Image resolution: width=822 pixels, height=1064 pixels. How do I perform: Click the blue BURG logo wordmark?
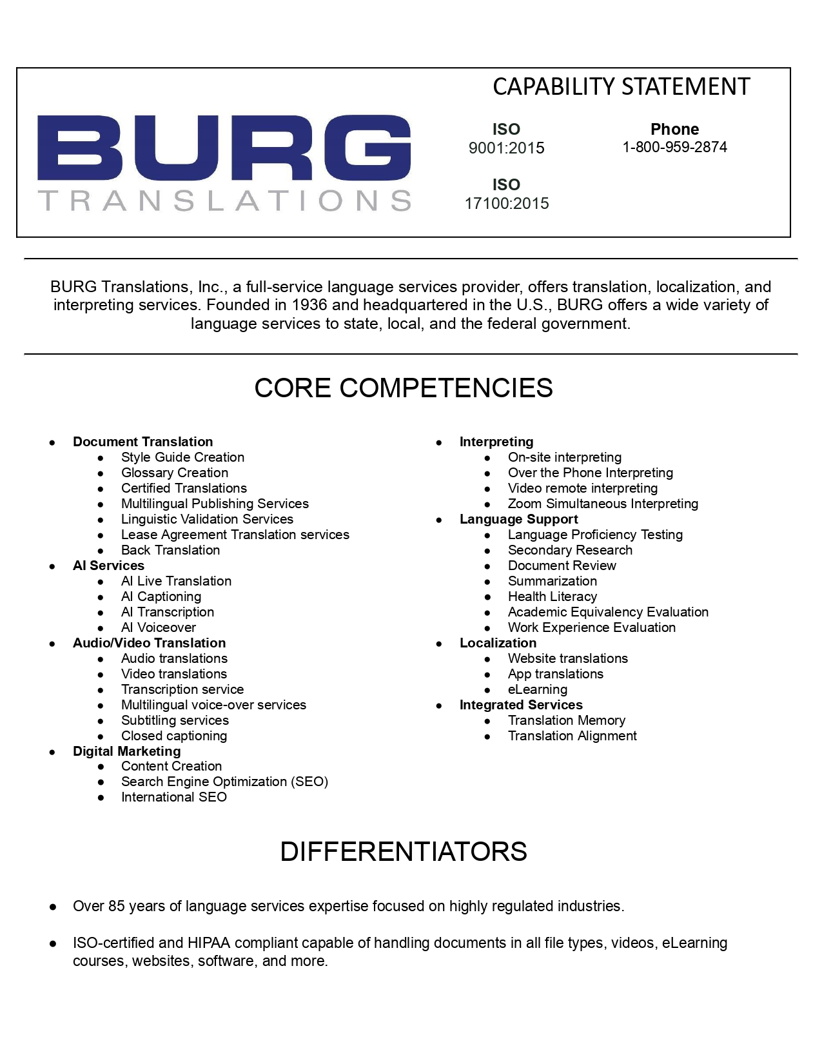coord(224,148)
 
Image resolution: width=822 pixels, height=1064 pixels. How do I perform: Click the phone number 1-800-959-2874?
coord(674,147)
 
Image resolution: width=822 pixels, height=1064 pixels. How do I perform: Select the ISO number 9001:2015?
coord(506,148)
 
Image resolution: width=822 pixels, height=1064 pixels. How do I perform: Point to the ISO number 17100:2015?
coord(507,204)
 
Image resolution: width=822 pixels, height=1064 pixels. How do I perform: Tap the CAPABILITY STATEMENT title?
coord(621,87)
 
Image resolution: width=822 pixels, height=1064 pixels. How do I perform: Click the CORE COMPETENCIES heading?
coord(404,388)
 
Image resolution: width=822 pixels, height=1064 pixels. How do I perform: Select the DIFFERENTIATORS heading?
coord(404,852)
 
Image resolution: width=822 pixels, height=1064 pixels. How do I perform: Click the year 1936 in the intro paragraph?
coord(309,305)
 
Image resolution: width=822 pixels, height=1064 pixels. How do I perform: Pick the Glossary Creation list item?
coord(175,473)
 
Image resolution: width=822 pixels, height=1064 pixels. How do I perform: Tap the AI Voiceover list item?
coord(159,627)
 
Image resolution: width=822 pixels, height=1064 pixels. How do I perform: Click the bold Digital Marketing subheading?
coord(127,751)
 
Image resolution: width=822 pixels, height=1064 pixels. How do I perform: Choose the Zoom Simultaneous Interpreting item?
coord(603,504)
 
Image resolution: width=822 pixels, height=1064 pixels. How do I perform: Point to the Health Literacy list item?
coord(553,596)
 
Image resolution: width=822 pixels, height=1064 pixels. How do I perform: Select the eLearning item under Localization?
coord(538,689)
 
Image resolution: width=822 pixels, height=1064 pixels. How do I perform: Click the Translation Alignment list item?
coord(572,736)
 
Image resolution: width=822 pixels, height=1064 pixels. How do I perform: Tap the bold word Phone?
coord(674,129)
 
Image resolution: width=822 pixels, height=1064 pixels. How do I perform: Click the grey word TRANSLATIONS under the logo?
coord(224,201)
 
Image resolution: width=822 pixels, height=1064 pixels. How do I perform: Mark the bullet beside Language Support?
coord(439,520)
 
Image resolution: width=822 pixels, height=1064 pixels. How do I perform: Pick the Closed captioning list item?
coord(174,736)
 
